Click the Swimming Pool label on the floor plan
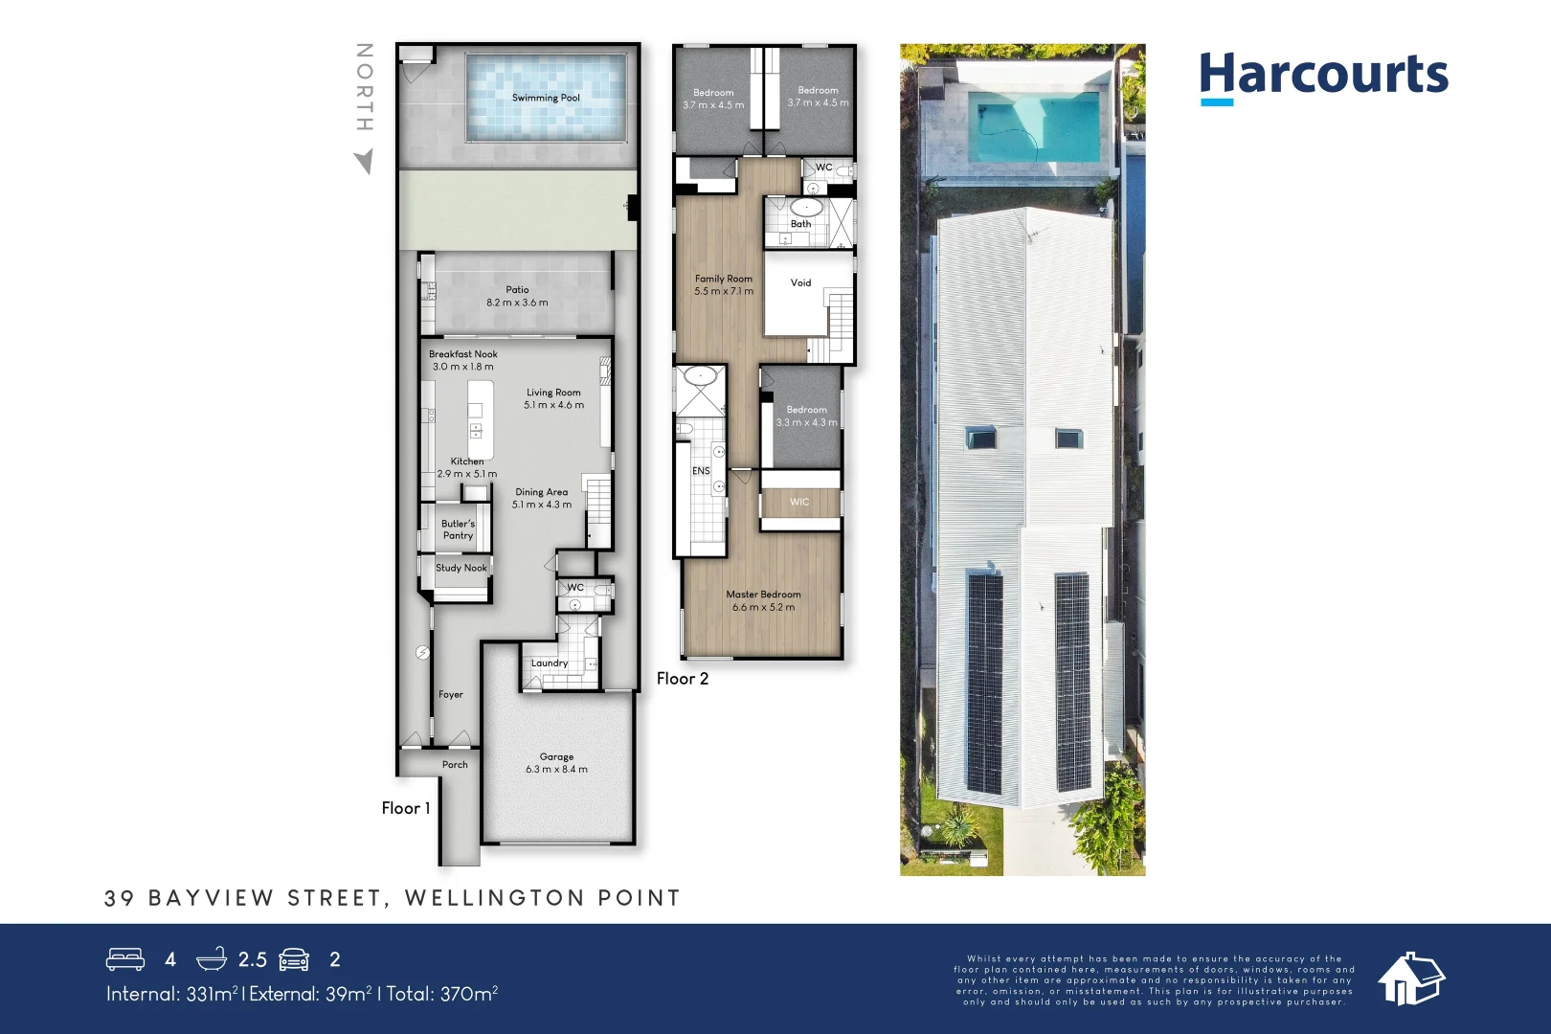coord(546,98)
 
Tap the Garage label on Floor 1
coord(556,756)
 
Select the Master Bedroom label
coord(763,595)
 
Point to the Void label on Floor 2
coord(800,282)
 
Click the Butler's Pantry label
coord(458,529)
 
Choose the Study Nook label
coord(461,568)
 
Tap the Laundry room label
coord(550,663)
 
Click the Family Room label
coord(724,279)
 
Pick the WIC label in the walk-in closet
coord(799,502)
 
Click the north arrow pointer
coord(364,161)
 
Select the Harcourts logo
coord(1323,76)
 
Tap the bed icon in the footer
coord(125,959)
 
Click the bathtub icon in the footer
coord(212,959)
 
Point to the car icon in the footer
coord(295,959)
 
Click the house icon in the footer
coord(1410,978)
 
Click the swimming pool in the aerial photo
coord(1033,127)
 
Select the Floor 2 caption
coord(683,679)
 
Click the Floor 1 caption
coord(406,808)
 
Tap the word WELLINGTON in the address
coord(494,898)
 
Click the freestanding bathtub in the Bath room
coord(806,207)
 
